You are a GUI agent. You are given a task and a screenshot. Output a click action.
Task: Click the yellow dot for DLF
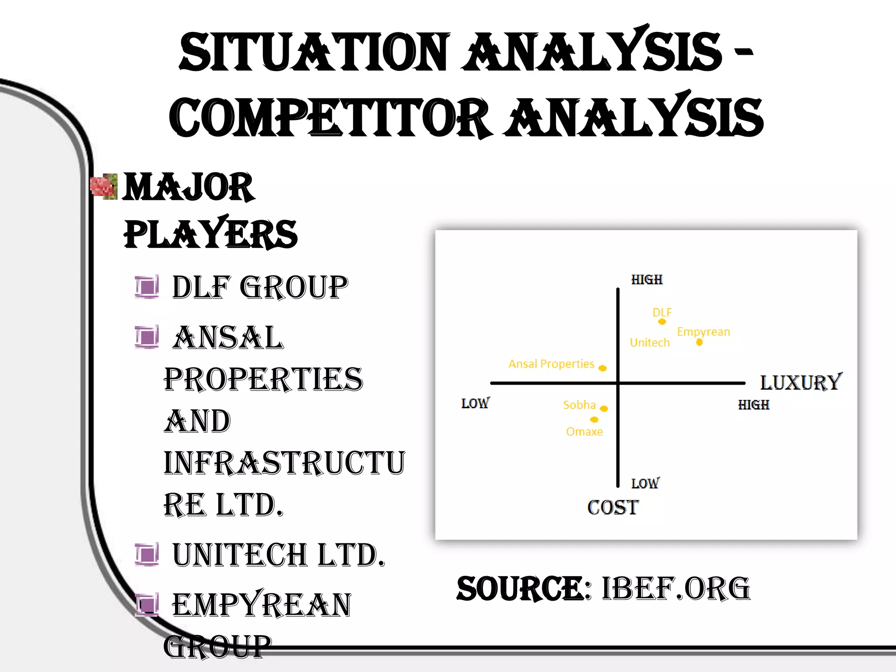(662, 322)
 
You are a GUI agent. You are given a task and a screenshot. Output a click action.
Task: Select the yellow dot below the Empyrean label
(699, 342)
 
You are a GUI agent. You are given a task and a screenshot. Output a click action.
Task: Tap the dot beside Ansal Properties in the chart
(602, 368)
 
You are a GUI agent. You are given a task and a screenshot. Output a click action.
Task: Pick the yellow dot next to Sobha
(604, 409)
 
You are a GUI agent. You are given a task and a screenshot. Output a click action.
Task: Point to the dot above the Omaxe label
(594, 420)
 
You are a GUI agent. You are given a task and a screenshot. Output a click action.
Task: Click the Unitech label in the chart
(650, 343)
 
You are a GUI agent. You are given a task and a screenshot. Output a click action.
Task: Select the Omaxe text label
(584, 432)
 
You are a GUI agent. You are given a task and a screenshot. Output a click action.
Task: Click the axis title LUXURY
(801, 382)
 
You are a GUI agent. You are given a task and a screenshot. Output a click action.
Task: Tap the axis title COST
(613, 507)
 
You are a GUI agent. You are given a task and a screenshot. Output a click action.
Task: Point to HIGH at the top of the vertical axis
(647, 280)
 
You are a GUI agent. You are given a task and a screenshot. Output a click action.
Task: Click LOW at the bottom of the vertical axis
(645, 483)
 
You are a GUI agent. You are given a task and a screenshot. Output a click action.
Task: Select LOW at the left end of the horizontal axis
(476, 403)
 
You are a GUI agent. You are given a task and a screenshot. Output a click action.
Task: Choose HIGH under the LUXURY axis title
(753, 405)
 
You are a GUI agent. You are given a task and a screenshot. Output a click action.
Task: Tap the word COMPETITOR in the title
(329, 117)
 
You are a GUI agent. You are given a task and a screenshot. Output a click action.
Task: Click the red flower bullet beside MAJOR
(104, 187)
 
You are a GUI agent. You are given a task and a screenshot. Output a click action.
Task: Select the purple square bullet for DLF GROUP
(147, 287)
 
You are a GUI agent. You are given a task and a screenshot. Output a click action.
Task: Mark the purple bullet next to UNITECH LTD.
(147, 555)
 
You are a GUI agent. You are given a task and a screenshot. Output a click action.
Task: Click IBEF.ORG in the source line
(676, 588)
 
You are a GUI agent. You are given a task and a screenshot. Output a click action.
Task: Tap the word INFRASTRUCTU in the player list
(284, 463)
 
